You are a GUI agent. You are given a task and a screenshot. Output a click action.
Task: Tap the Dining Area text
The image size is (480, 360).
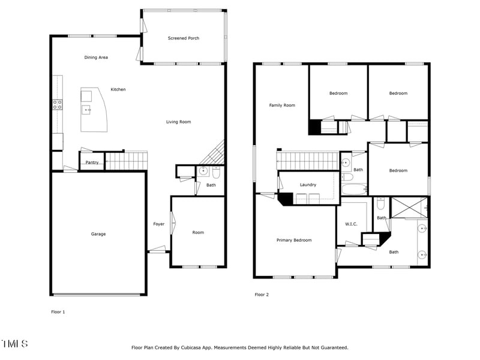96,58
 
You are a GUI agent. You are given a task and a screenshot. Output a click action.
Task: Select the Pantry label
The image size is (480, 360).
92,163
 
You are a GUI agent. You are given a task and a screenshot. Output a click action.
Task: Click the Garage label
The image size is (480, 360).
98,234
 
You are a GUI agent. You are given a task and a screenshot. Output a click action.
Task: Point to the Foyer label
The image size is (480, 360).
158,224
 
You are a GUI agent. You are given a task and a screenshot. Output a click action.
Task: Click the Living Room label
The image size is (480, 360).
178,122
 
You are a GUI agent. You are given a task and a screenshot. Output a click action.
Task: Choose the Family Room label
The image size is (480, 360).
281,106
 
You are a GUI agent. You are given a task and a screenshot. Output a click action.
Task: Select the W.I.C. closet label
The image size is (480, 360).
351,224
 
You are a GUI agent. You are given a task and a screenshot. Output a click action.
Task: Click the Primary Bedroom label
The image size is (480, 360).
294,240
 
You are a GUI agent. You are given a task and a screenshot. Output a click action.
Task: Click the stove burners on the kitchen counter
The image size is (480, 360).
57,106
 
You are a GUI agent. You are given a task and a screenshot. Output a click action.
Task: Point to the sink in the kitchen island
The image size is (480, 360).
87,109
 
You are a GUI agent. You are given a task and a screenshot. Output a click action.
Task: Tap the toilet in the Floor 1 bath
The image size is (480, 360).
216,173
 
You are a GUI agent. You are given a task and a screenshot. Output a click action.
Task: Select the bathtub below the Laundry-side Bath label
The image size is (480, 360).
354,190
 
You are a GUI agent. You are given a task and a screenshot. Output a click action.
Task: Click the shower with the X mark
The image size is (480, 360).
409,208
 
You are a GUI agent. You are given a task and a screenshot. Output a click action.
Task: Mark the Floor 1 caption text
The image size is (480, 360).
58,312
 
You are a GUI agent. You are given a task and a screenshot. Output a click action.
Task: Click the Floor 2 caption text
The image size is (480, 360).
262,295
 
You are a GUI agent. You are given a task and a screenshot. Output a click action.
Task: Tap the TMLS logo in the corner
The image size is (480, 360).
14,344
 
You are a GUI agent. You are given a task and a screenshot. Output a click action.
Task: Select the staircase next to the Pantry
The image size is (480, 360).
127,161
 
